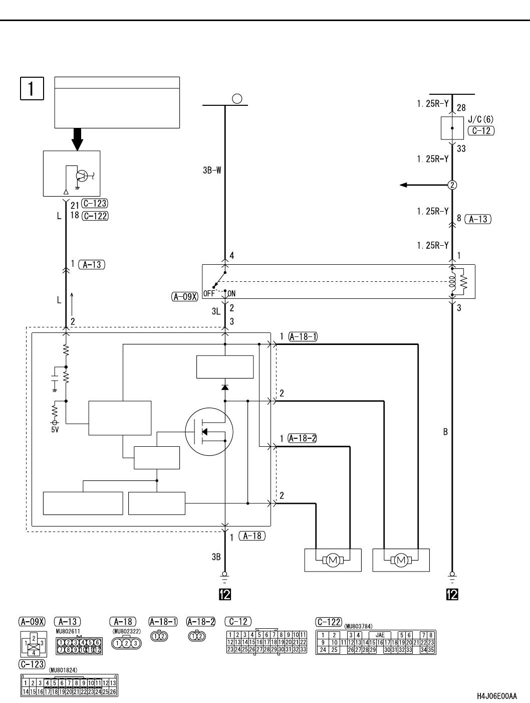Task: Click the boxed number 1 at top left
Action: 32,88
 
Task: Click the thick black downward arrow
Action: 77,139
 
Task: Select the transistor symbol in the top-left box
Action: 81,175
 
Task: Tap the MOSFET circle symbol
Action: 209,431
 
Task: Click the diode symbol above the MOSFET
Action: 225,387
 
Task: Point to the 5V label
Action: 55,430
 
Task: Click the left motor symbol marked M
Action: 333,560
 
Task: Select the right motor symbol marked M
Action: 401,560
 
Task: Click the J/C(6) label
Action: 480,120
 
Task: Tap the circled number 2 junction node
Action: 452,185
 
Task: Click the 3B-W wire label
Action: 212,170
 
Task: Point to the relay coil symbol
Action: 453,282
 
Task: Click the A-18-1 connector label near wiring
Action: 303,336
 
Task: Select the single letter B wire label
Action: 445,432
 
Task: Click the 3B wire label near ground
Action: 216,556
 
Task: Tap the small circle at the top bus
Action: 238,99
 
